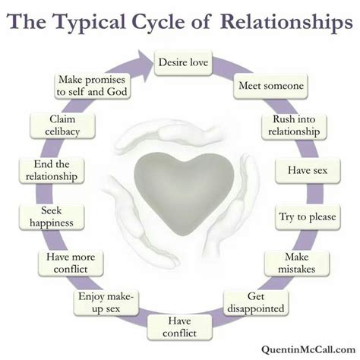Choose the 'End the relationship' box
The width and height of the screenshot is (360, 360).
[52, 170]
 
